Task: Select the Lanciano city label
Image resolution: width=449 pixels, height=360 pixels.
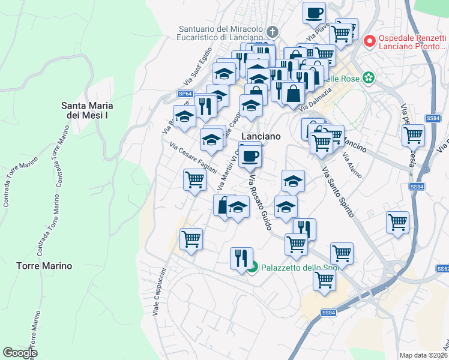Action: point(261,136)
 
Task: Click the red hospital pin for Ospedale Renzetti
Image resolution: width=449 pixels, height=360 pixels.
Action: point(369,41)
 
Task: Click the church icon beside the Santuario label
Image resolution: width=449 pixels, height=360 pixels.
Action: point(272,32)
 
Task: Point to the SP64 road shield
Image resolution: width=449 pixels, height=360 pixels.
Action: point(185,94)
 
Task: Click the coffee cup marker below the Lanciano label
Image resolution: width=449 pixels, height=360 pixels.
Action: point(250,156)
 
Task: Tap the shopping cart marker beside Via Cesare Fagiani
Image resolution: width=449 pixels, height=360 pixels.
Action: point(194,179)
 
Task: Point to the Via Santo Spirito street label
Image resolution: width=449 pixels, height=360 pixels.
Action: point(338,192)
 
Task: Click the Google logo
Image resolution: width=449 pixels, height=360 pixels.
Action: point(20,352)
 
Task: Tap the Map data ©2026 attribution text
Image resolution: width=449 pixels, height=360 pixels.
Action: point(423,355)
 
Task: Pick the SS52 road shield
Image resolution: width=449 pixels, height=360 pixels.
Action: point(444,269)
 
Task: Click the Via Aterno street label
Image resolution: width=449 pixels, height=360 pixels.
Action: point(352,165)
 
